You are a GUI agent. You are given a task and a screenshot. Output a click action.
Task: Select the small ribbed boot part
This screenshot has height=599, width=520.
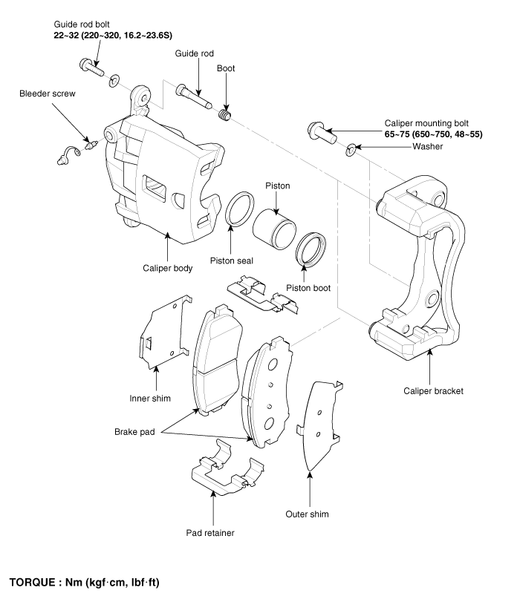[225, 114]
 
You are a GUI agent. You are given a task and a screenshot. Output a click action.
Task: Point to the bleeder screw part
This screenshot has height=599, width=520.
[92, 145]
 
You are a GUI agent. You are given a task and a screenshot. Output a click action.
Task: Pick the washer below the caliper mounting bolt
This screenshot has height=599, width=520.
[351, 151]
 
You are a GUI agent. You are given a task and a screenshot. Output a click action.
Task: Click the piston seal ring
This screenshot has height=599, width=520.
[239, 209]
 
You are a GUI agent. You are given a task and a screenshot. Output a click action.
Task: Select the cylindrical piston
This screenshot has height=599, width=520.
[274, 229]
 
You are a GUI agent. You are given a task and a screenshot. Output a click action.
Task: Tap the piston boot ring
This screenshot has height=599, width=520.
[311, 249]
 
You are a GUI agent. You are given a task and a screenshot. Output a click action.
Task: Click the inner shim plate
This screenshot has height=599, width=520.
[164, 333]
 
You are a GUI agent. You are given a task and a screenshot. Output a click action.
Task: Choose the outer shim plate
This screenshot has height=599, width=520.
[319, 425]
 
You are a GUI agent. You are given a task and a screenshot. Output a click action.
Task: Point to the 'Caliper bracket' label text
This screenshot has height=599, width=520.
[433, 391]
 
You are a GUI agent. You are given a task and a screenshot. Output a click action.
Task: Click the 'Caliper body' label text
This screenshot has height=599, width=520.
[167, 268]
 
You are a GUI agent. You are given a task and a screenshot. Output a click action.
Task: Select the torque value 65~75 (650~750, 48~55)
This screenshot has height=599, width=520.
[434, 134]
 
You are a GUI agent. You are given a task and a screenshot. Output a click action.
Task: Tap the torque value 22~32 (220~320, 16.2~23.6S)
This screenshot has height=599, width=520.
[113, 36]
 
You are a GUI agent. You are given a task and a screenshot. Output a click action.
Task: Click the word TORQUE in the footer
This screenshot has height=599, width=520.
[32, 582]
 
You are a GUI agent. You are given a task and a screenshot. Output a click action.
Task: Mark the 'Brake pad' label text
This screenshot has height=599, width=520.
[134, 432]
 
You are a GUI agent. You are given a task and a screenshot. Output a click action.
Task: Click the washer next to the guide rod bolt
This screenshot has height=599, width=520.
[114, 81]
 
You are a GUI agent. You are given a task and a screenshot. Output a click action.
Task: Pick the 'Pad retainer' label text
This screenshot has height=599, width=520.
[210, 533]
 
